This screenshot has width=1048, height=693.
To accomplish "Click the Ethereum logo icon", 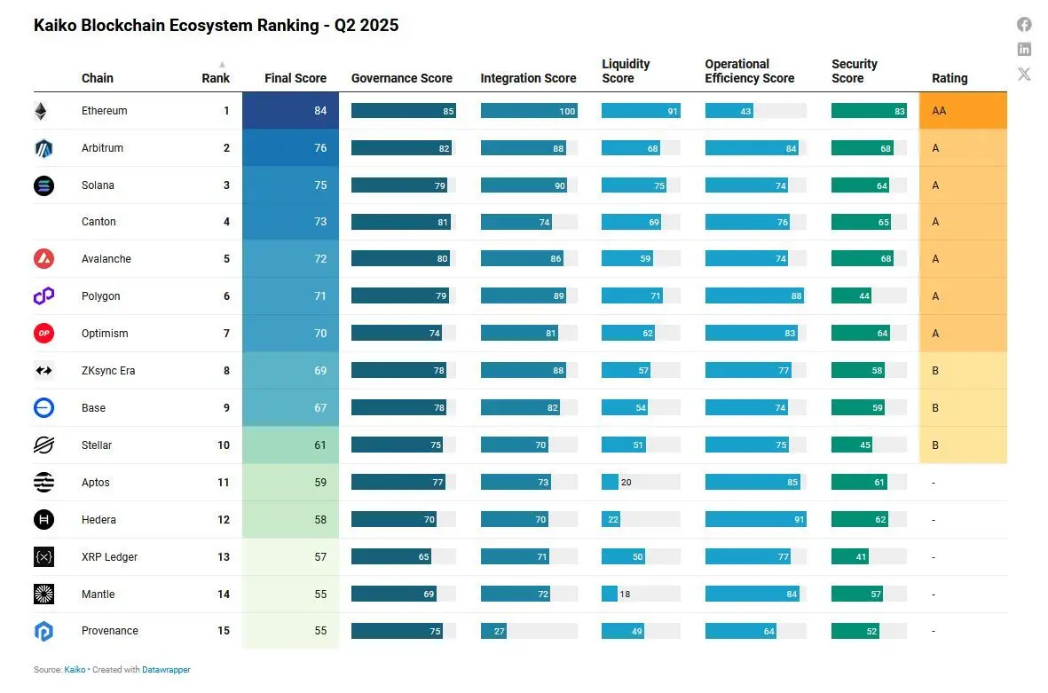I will point(41,111).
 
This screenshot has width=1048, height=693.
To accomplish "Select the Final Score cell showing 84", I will point(290,111).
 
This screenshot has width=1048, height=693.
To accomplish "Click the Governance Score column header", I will point(401,78).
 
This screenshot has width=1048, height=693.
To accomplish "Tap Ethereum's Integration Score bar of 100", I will point(529,111).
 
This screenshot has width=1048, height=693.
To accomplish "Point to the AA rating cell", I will point(963,111).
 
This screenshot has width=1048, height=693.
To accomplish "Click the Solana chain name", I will point(98,185).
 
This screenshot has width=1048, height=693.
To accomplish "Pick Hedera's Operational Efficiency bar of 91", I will point(755,520).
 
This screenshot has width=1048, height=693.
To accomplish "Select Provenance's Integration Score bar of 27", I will point(493,631).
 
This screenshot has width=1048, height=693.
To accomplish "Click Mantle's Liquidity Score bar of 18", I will point(610,594).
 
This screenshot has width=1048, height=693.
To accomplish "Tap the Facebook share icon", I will point(1024,25).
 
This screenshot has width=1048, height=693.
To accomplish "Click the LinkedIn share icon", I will point(1024,50).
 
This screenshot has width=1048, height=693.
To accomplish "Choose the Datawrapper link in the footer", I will point(166,670).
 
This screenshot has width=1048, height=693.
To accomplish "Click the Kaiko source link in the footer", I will point(75,670).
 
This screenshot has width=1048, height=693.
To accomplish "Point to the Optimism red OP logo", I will point(43,334).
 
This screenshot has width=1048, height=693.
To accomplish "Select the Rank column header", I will point(215,78).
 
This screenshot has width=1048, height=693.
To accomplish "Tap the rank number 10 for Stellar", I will point(223,445).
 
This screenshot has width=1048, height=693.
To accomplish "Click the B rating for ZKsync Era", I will point(935,371).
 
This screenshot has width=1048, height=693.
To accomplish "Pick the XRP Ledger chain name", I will point(109,557).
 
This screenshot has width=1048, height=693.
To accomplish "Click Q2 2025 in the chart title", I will point(366,26).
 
